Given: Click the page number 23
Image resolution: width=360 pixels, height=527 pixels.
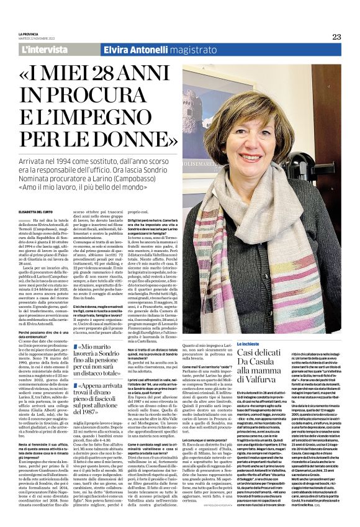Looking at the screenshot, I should pyautogui.click(x=336, y=37).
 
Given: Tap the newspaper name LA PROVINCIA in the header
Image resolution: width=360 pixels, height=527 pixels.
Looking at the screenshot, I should pyautogui.click(x=29, y=34).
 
